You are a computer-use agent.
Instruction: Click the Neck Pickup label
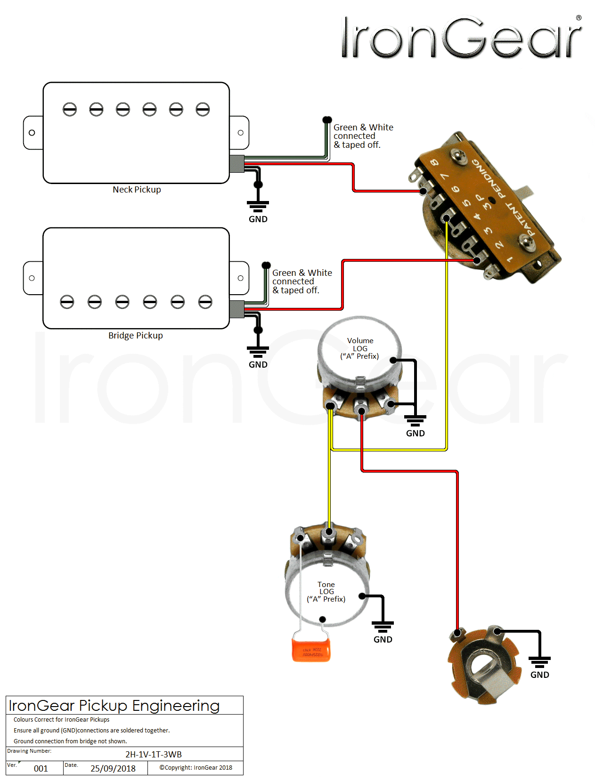137,190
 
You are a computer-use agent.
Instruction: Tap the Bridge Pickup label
136,336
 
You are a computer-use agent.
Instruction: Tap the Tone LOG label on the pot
326,592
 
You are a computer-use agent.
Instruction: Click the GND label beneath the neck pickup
258,219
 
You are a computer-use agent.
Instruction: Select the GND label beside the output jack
539,675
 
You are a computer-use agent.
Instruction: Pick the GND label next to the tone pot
383,640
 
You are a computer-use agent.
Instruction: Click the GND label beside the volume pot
415,434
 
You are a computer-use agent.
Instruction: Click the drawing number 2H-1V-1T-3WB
154,754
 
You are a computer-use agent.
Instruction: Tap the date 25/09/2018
113,768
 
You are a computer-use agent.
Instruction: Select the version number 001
41,768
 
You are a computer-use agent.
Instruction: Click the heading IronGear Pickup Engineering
114,706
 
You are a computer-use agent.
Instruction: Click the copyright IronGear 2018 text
196,768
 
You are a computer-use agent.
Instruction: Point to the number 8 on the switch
434,163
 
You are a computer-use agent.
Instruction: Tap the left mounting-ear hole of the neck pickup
32,133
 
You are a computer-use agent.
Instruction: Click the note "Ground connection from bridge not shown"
70,741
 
